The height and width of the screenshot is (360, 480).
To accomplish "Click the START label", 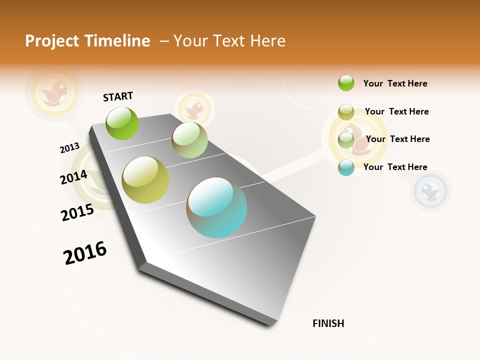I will point(118,96).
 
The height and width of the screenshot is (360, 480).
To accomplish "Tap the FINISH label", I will point(328,323).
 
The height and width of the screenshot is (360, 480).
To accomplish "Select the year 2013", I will point(69,148).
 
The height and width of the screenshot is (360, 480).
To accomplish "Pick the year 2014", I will point(74,177).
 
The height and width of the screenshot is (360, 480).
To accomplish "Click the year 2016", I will point(85,253).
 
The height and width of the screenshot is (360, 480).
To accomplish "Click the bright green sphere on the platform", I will point(122,123).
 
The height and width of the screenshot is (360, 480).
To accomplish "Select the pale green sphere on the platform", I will point(189,140).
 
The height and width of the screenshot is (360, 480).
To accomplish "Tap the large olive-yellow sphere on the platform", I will point(145,180).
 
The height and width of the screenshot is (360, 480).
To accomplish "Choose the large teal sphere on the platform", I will point(216,207).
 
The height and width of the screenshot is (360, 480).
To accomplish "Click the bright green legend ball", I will point(346,83).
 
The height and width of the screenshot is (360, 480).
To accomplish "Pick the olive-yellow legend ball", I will point(346,112).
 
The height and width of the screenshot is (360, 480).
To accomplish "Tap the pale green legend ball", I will point(346,140).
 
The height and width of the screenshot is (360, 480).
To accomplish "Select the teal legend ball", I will point(346,167).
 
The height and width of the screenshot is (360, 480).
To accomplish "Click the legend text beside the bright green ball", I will point(395,83).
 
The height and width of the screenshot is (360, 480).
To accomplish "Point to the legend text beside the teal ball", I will point(395,167).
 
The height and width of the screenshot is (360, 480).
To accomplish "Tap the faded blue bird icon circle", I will point(430,190).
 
